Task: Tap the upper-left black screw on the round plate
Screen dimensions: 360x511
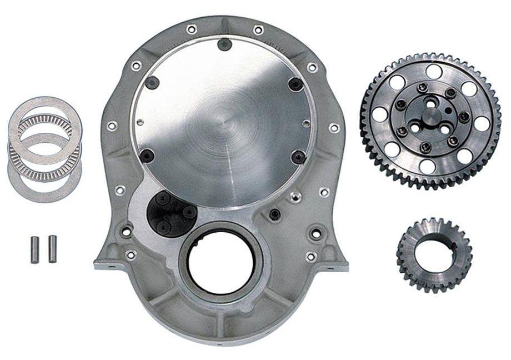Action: click(153, 82)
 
